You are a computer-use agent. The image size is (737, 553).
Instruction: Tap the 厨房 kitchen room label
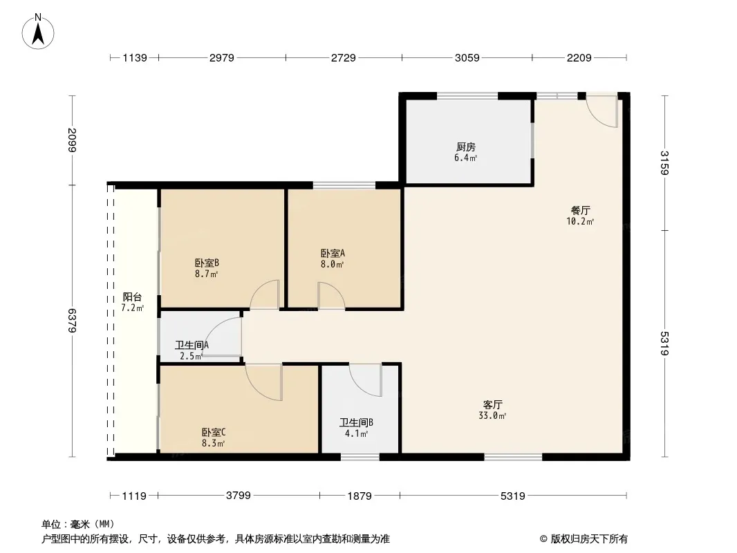(466, 147)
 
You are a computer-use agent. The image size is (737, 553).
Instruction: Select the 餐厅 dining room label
(580, 210)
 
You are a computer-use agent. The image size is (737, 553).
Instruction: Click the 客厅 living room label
(492, 404)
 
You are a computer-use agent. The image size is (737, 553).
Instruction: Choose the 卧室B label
(207, 263)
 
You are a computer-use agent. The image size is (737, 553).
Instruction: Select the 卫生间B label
(356, 422)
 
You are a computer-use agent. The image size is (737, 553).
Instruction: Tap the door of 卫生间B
(366, 379)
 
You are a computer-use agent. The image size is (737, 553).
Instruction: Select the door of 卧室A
(330, 295)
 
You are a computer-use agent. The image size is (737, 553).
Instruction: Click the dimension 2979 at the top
(223, 58)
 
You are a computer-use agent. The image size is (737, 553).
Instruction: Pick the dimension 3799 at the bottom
(238, 496)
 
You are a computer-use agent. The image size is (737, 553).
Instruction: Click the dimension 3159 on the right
(664, 163)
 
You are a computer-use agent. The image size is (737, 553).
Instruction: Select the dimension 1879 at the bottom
(360, 496)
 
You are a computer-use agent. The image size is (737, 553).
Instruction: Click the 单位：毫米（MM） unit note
(78, 523)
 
